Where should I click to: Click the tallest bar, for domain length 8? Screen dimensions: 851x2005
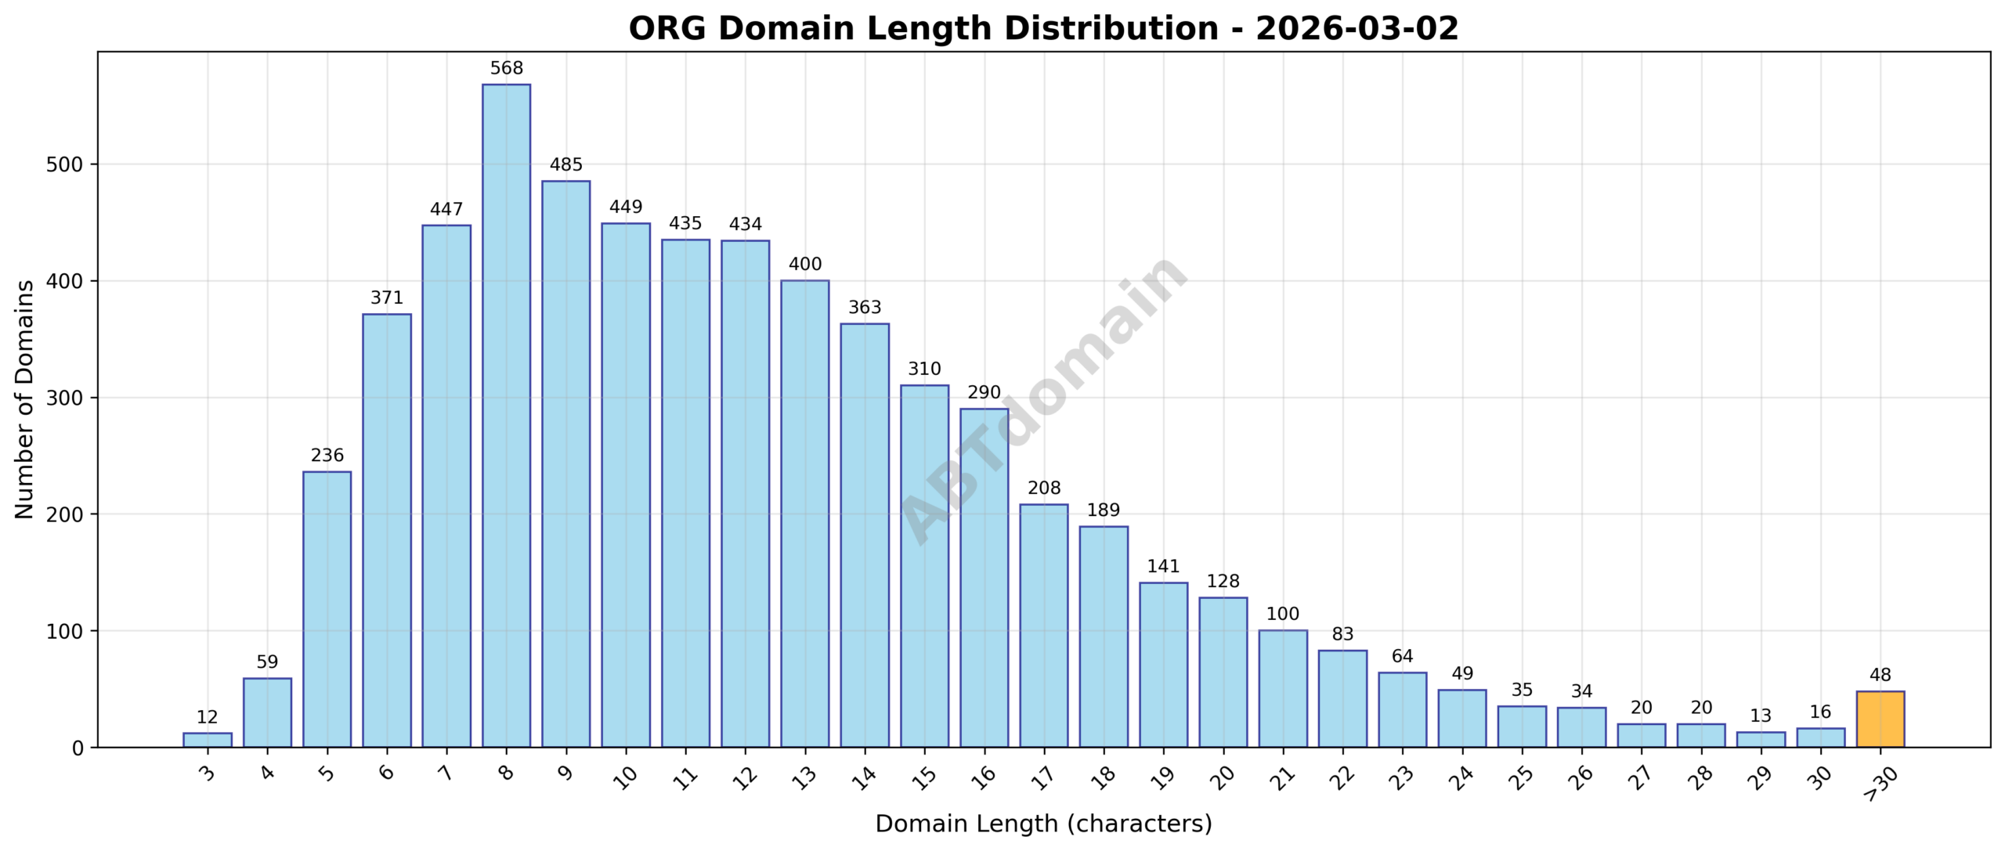[506, 415]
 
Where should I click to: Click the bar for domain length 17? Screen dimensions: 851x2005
[1043, 626]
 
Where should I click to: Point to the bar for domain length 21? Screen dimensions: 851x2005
[1282, 688]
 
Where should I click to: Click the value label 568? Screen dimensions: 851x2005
[506, 69]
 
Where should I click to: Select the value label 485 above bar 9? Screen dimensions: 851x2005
[565, 165]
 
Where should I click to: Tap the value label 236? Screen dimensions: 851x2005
[327, 456]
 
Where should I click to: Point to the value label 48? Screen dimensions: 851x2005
[1880, 675]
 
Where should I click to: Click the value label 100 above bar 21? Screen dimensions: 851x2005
[1282, 615]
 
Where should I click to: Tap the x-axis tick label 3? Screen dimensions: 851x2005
[207, 774]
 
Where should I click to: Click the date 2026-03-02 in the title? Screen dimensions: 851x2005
[1357, 29]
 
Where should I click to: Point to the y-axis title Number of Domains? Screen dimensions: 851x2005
[24, 399]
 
